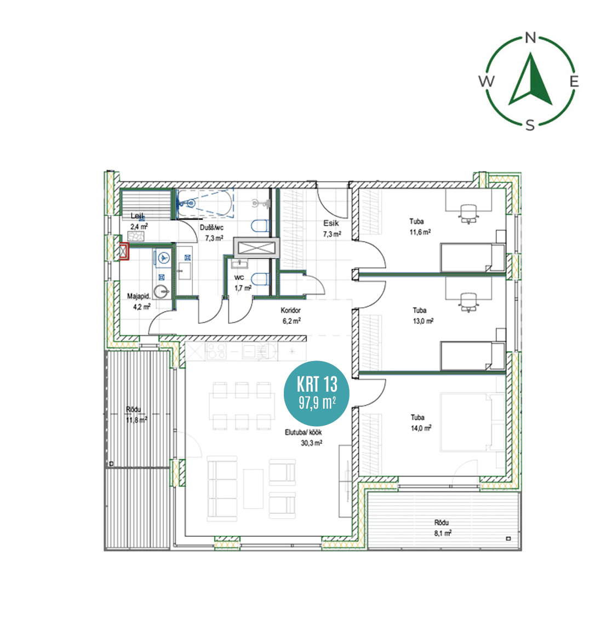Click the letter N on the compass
click(531, 38)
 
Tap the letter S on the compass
click(530, 125)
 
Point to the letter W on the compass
click(487, 81)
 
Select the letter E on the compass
click(574, 81)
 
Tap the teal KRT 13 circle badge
click(317, 393)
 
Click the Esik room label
click(331, 223)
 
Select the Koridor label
click(290, 310)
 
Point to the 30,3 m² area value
click(312, 443)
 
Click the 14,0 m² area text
click(421, 428)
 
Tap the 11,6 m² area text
click(420, 232)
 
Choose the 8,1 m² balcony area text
click(443, 533)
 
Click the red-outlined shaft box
click(124, 251)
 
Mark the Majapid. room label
click(139, 296)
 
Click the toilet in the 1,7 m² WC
click(260, 279)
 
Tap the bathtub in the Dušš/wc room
click(204, 203)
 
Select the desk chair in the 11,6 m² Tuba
click(468, 214)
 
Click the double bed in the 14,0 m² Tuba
click(473, 422)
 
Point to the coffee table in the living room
click(253, 489)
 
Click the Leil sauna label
click(136, 216)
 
